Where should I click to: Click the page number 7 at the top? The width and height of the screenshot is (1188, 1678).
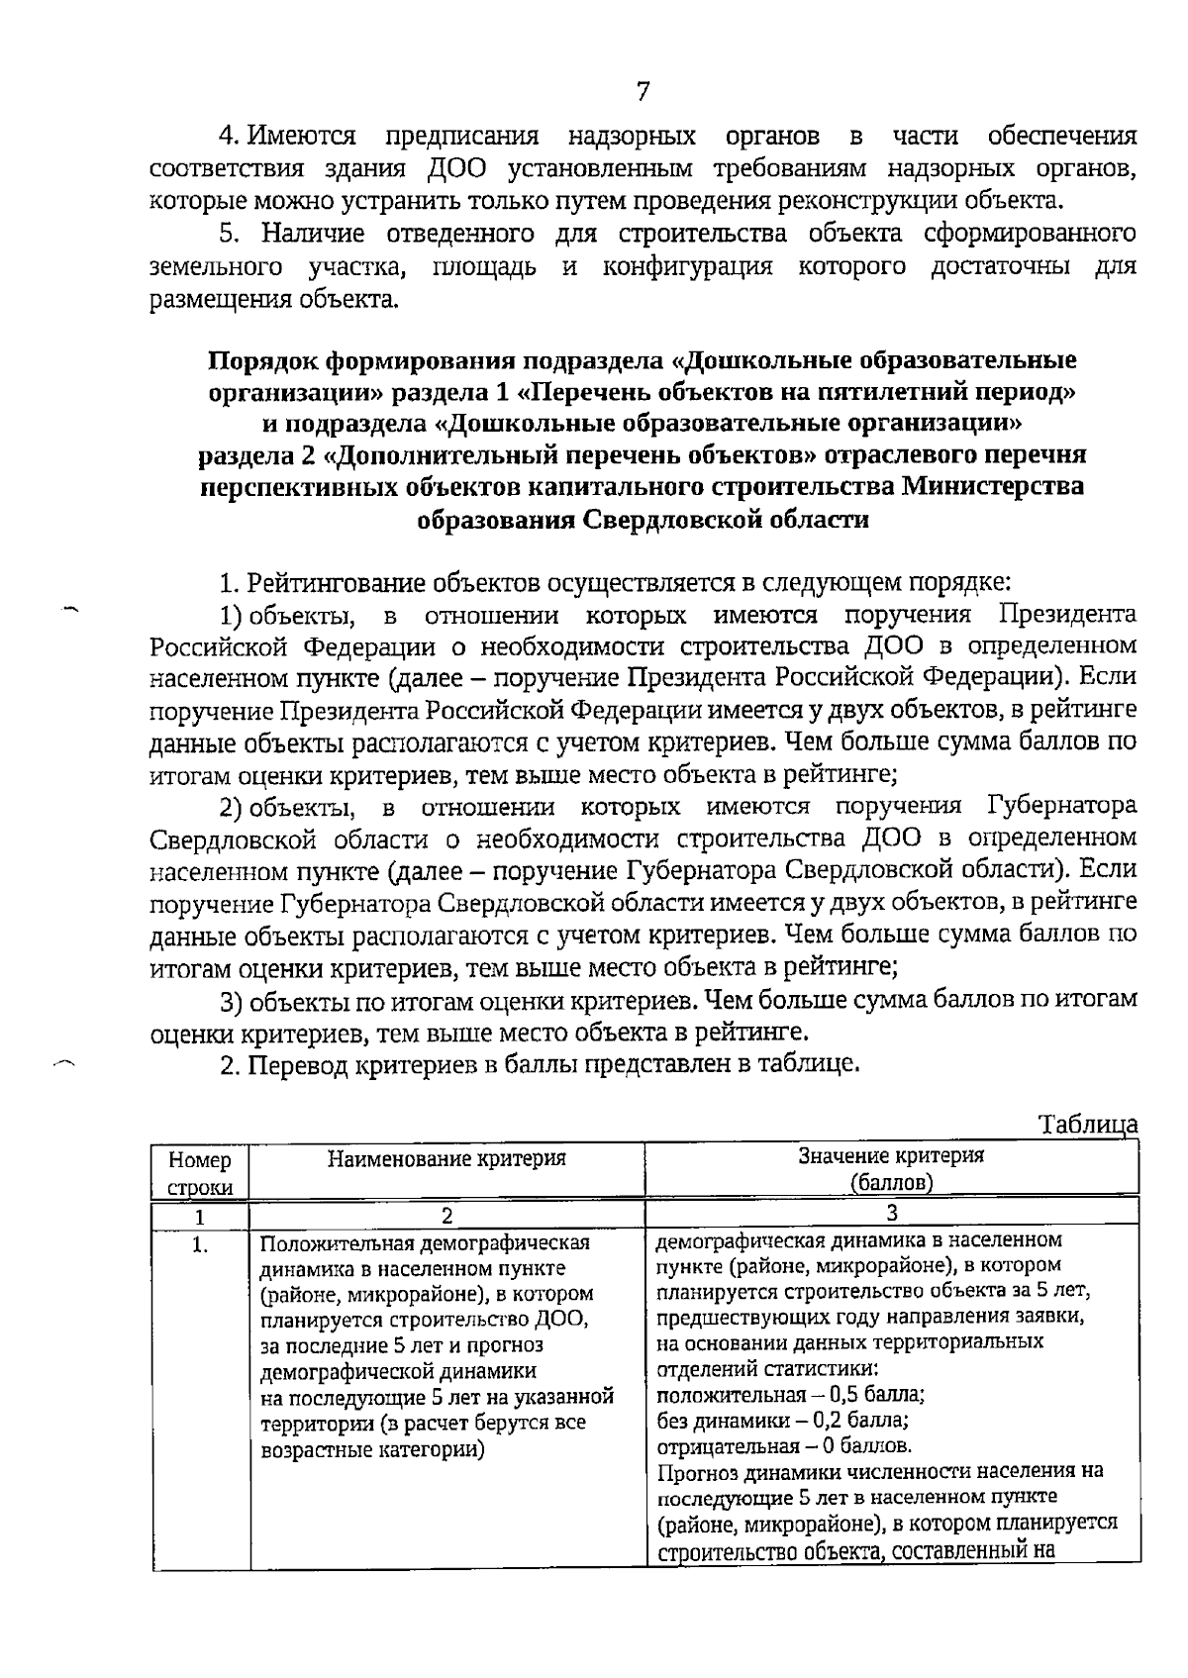pyautogui.click(x=643, y=92)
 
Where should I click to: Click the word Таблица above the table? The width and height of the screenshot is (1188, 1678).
pyautogui.click(x=1087, y=1125)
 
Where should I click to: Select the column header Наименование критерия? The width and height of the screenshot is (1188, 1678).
pyautogui.click(x=446, y=1158)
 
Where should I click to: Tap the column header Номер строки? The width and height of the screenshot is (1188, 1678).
pyautogui.click(x=200, y=1172)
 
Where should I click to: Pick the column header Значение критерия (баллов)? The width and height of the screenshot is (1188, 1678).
pyautogui.click(x=891, y=1168)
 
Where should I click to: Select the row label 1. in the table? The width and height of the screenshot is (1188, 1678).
pyautogui.click(x=200, y=1245)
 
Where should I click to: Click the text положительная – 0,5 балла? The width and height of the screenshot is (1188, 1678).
pyautogui.click(x=790, y=1395)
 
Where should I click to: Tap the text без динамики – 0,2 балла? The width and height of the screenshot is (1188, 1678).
pyautogui.click(x=782, y=1421)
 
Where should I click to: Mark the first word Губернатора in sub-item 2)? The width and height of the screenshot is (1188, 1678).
pyautogui.click(x=1061, y=807)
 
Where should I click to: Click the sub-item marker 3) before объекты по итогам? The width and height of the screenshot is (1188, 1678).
pyautogui.click(x=232, y=1001)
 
